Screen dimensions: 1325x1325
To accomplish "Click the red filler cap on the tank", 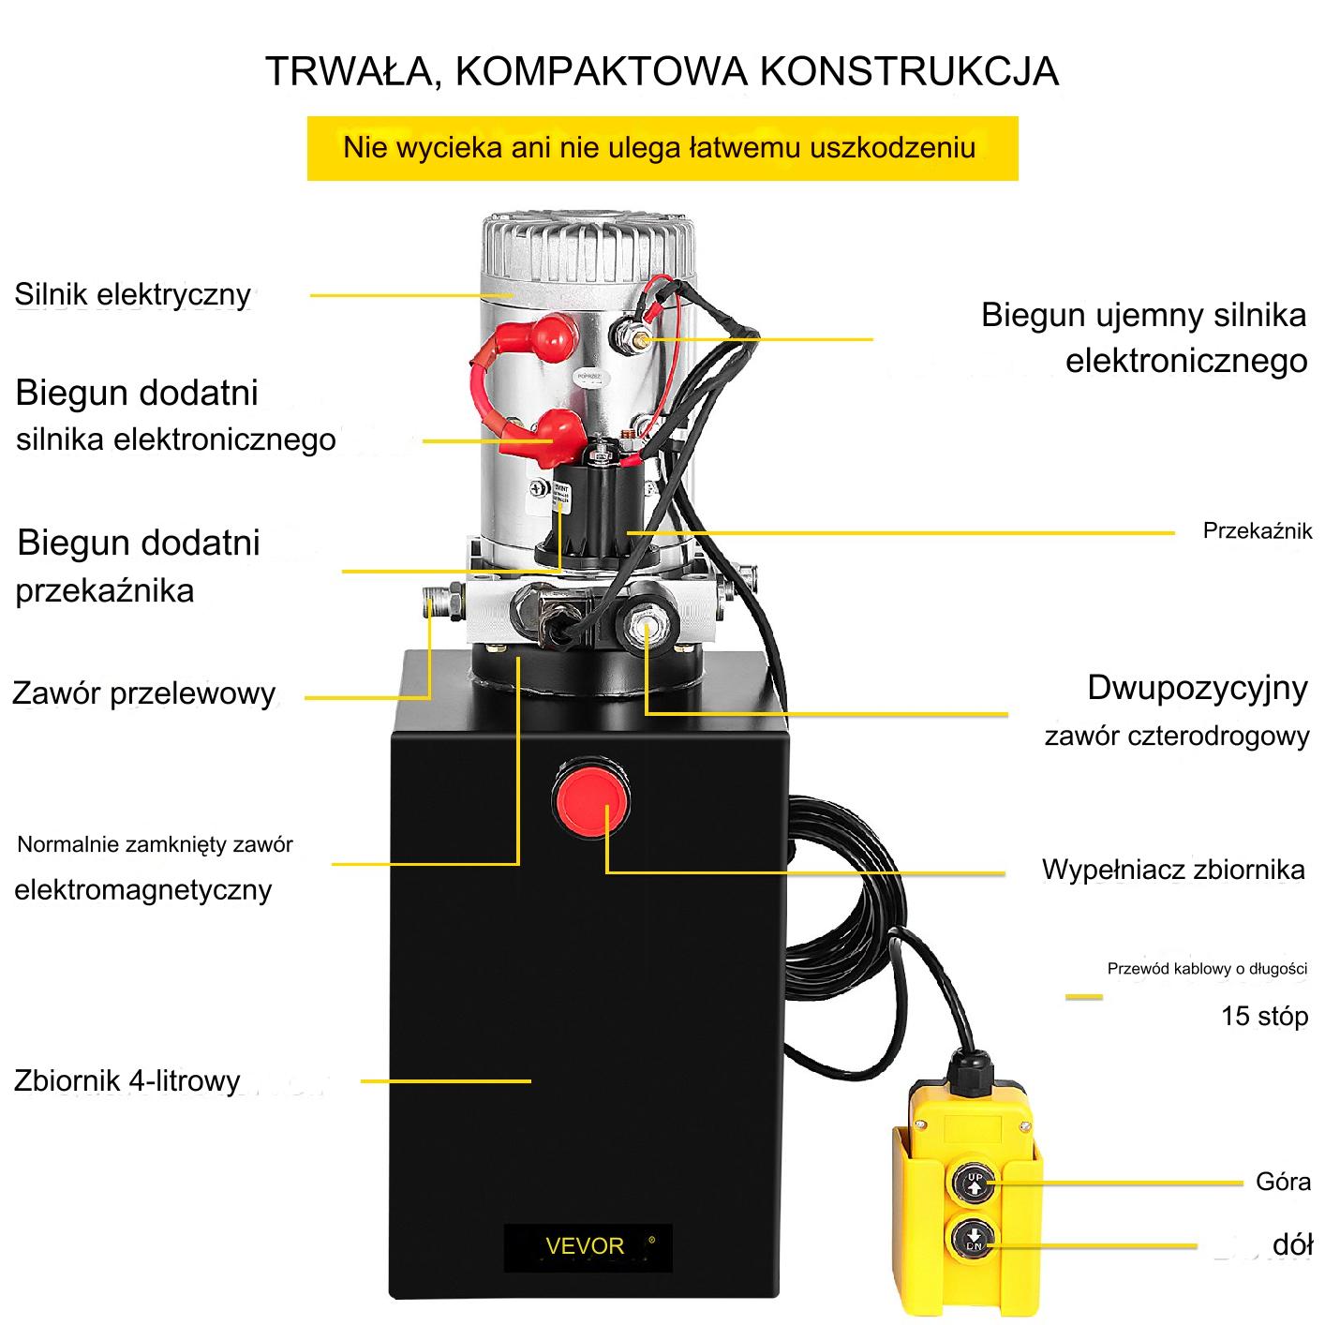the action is pos(591,797).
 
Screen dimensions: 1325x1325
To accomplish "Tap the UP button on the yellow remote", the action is pos(975,1182).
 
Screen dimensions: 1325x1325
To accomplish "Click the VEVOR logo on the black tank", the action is pos(585,1245).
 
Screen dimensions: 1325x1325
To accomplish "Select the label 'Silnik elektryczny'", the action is pos(133,294).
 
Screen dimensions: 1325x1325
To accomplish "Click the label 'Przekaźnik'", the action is pos(1257,530).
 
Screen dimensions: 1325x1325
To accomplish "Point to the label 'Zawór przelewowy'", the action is pos(144,693).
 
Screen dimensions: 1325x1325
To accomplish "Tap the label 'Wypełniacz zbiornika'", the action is pos(1173,870).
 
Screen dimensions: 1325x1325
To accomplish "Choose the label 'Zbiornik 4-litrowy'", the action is pos(127,1080).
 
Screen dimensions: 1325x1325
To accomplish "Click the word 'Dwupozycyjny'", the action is pos(1198,689).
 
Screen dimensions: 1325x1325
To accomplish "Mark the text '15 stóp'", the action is pos(1264,1017).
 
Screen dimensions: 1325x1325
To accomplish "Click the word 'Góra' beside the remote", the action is pos(1283,1182).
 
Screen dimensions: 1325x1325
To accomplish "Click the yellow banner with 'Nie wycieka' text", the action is pos(662,148).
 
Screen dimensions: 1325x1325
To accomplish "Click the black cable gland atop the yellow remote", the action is pos(970,1068).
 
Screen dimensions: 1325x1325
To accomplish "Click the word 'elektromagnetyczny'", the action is pos(143,890).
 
